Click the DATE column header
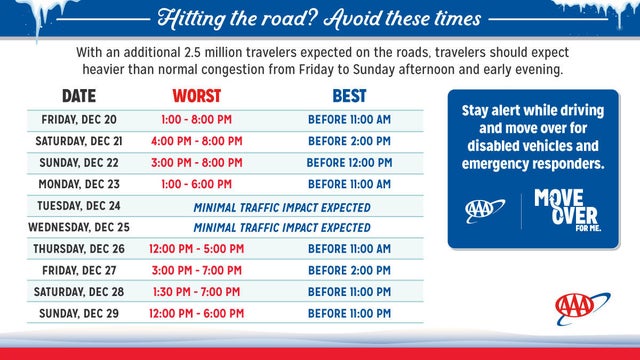pyautogui.click(x=79, y=97)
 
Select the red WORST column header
pyautogui.click(x=197, y=97)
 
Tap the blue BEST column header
pyautogui.click(x=349, y=97)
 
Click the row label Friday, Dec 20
pyautogui.click(x=79, y=119)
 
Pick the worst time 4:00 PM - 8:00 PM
pyautogui.click(x=197, y=141)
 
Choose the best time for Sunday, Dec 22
pyautogui.click(x=349, y=162)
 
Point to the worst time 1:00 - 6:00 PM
pyautogui.click(x=197, y=184)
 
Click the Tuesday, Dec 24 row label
pyautogui.click(x=79, y=206)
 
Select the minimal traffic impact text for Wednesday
pyautogui.click(x=281, y=227)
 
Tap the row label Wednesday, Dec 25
pyautogui.click(x=79, y=227)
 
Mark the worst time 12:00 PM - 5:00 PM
pyautogui.click(x=197, y=249)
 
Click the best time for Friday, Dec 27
pyautogui.click(x=349, y=270)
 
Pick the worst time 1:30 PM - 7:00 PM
pyautogui.click(x=197, y=292)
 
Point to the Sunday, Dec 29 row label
pyautogui.click(x=79, y=314)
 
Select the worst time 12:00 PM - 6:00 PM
pyautogui.click(x=197, y=314)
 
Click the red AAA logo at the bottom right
pyautogui.click(x=581, y=305)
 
